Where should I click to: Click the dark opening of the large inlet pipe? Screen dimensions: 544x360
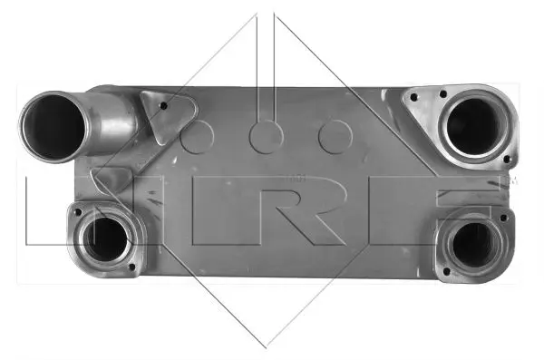(53, 127)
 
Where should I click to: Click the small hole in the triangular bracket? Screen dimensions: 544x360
(163, 105)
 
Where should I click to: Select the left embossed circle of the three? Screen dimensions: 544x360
(197, 137)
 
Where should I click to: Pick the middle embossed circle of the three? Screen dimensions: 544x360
(266, 137)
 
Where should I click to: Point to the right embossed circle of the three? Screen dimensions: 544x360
(335, 137)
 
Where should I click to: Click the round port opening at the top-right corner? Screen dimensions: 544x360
(473, 126)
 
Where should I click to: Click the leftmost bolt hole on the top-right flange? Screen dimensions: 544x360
(413, 98)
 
